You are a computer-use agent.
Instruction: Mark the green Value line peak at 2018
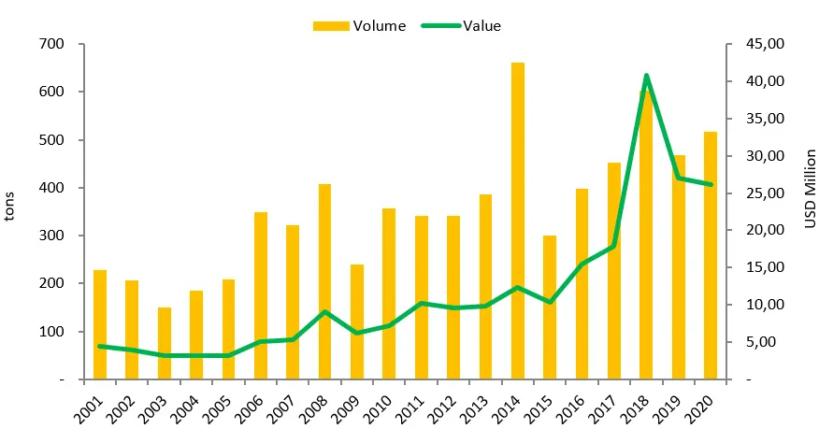point(646,76)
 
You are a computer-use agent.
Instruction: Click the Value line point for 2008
point(324,311)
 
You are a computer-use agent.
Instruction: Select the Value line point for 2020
point(710,184)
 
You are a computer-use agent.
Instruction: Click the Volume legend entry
point(359,25)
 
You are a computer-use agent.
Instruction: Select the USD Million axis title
point(810,188)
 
